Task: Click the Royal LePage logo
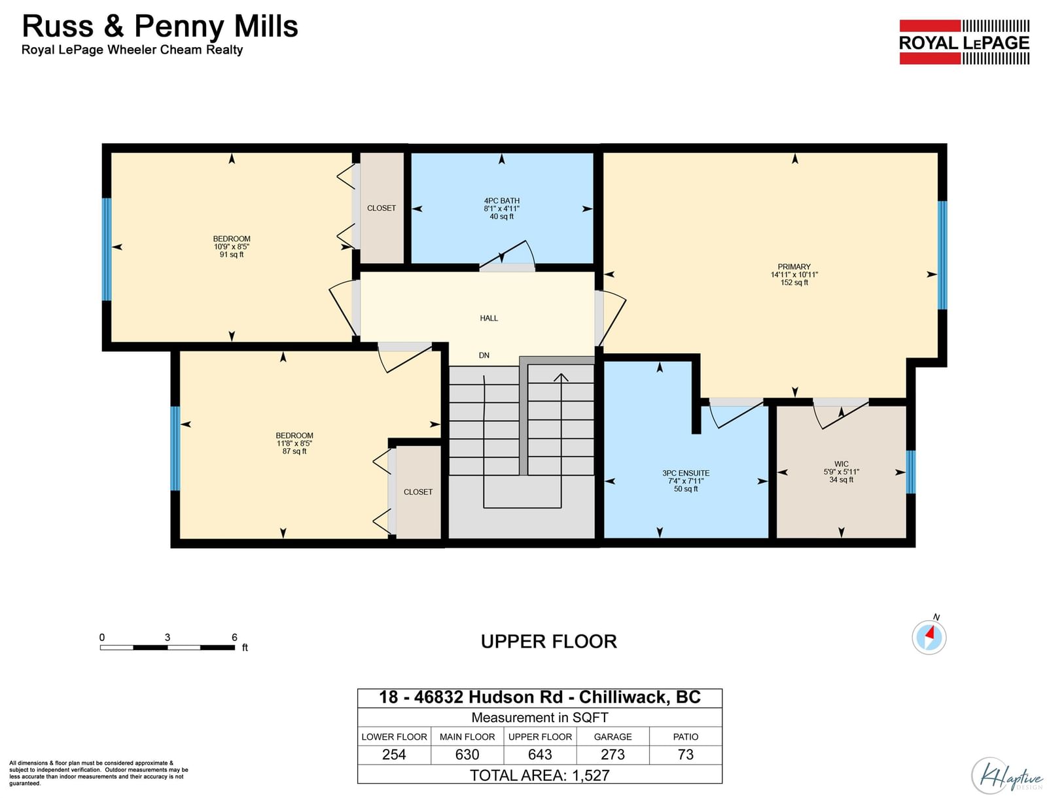tap(964, 43)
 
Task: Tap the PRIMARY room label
tap(794, 267)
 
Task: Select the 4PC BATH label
tap(501, 201)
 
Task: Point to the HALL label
tap(489, 319)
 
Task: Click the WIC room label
tap(841, 464)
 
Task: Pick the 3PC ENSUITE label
tap(685, 474)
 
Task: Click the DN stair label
tap(484, 356)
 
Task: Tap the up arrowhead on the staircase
tap(561, 377)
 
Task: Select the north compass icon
tap(929, 636)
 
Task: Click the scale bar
tap(168, 648)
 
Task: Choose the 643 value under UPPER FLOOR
tap(540, 755)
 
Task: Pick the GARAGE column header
tap(612, 737)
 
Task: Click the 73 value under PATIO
tap(685, 755)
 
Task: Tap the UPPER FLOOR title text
tap(548, 642)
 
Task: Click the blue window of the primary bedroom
tap(942, 255)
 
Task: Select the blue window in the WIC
tap(911, 472)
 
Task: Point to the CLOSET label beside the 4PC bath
tap(381, 208)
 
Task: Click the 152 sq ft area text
tap(794, 283)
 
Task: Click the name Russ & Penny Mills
tap(160, 27)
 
